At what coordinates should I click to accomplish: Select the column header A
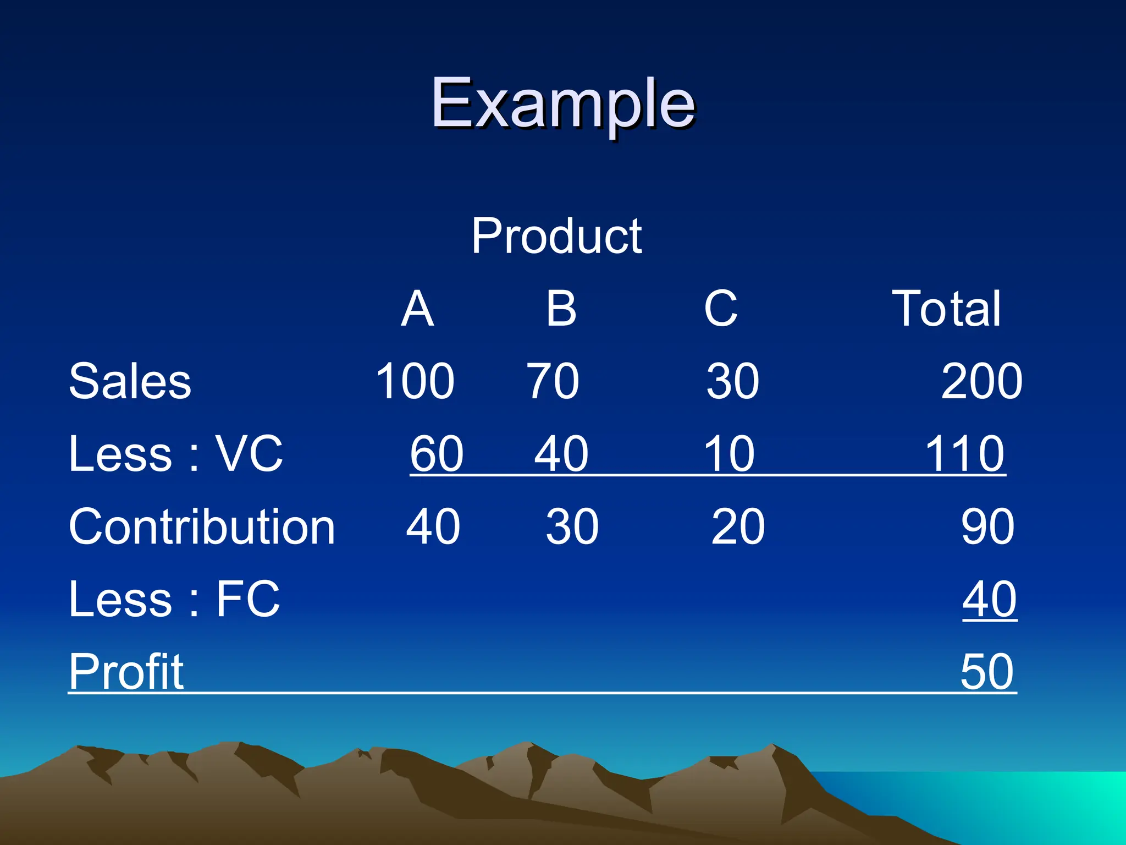click(x=417, y=309)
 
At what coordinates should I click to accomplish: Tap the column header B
click(x=561, y=309)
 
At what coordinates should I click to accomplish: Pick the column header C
click(x=720, y=309)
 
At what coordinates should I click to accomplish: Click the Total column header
click(x=946, y=309)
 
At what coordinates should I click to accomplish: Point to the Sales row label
click(x=130, y=381)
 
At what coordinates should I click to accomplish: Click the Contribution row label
click(x=202, y=526)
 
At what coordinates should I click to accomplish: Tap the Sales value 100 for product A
click(x=415, y=381)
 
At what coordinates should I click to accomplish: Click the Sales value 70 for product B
click(x=553, y=381)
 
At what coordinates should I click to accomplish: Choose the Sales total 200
click(x=981, y=381)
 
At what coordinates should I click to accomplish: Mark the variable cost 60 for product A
click(x=437, y=454)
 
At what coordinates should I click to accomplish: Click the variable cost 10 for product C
click(x=729, y=454)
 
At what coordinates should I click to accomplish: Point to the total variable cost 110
click(x=965, y=454)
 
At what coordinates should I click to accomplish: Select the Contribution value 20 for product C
click(x=738, y=526)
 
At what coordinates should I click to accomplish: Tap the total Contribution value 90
click(x=987, y=526)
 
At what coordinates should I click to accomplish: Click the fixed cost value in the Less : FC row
click(x=989, y=599)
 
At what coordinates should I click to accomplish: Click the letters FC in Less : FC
click(x=247, y=599)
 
